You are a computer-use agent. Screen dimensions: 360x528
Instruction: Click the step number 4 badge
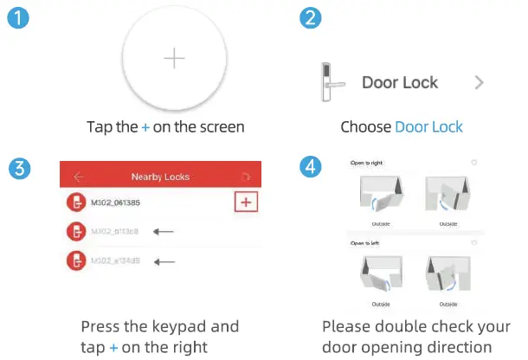point(309,169)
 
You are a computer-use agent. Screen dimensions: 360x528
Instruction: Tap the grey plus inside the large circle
point(175,58)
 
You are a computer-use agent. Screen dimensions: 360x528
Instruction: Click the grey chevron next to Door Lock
point(479,83)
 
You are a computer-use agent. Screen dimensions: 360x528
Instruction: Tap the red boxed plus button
point(248,202)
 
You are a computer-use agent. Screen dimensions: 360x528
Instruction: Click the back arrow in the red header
point(79,177)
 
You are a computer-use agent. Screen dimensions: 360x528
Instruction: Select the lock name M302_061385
point(118,202)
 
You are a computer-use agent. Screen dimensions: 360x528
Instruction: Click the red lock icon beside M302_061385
point(75,202)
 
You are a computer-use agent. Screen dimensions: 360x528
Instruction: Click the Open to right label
point(367,163)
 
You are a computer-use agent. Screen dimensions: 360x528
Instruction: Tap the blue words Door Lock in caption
point(428,127)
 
